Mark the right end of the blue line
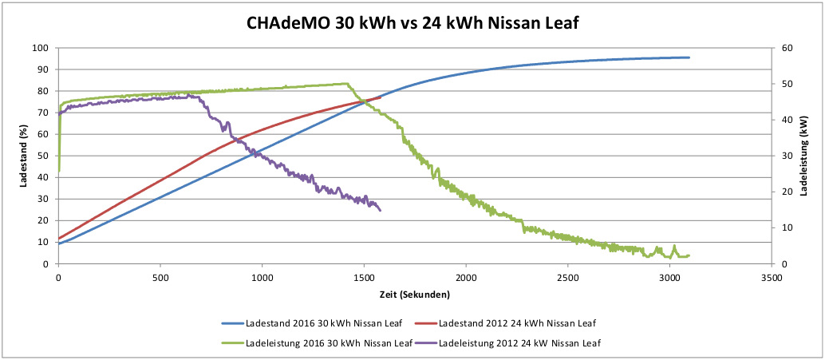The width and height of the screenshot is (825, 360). point(689,57)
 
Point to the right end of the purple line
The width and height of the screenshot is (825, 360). point(381,211)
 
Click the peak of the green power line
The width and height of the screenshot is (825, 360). point(346,83)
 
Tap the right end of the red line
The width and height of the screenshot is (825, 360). point(380,98)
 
